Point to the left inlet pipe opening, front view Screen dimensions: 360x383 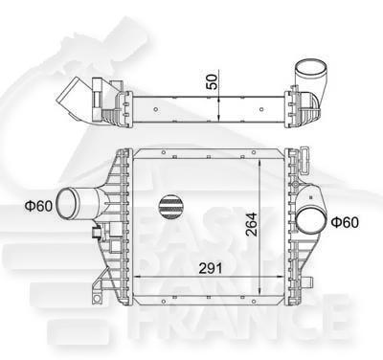69,205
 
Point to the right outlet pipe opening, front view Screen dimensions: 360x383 311,220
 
